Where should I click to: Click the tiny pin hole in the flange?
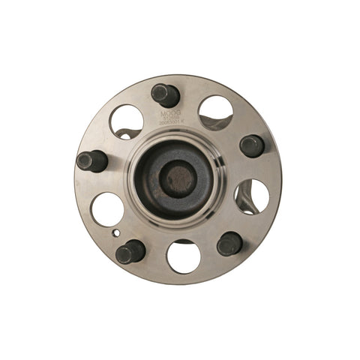tap(115, 232)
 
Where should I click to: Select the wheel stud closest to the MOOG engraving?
tap(165, 95)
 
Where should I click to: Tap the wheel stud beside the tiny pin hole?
tap(130, 251)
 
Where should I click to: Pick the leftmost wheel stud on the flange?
tap(91, 160)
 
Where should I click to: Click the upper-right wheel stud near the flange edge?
tap(252, 145)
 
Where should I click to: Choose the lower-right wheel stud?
tap(229, 243)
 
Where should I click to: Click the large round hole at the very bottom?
tap(184, 256)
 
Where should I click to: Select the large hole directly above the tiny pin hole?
tap(107, 209)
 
